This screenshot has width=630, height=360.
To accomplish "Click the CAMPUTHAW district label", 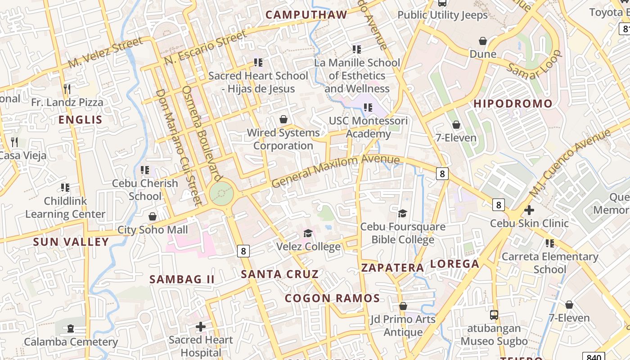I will [x=306, y=15].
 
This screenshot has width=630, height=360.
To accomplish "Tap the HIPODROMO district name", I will [x=513, y=103].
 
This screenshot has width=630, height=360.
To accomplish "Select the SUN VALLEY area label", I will [x=71, y=242].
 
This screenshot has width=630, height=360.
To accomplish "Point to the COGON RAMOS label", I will [x=332, y=298].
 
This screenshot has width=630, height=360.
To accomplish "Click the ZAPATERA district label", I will [x=392, y=268].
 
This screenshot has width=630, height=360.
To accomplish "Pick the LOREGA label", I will [x=454, y=264].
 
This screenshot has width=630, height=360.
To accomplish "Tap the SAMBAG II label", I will [x=182, y=279].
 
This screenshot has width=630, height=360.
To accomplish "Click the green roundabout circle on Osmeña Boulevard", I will [x=221, y=194].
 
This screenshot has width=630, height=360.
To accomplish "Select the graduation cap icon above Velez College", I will [x=308, y=233].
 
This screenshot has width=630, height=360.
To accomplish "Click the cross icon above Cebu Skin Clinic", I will [x=529, y=210].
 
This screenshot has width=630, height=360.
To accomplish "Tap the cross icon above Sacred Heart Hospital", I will [x=201, y=326].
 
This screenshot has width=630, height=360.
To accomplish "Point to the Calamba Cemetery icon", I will [x=71, y=328].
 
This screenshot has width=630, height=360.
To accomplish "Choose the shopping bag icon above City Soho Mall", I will [x=153, y=216].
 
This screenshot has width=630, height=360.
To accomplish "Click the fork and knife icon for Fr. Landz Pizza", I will [x=67, y=89].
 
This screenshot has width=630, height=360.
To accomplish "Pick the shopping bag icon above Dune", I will [x=483, y=41].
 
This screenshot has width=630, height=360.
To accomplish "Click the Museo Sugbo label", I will [x=494, y=341].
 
